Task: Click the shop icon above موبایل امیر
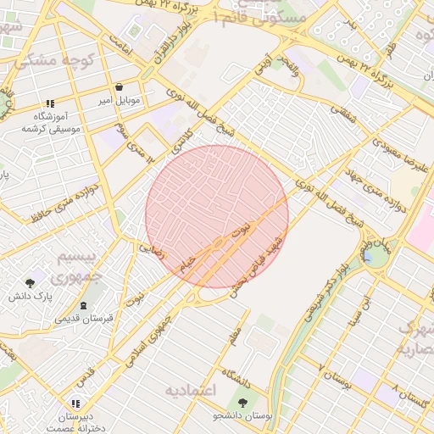pos(119,87)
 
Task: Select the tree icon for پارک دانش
pos(31,284)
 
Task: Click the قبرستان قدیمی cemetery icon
pos(82,306)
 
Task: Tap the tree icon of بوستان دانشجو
pos(244,403)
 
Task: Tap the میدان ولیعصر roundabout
pos(373,253)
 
